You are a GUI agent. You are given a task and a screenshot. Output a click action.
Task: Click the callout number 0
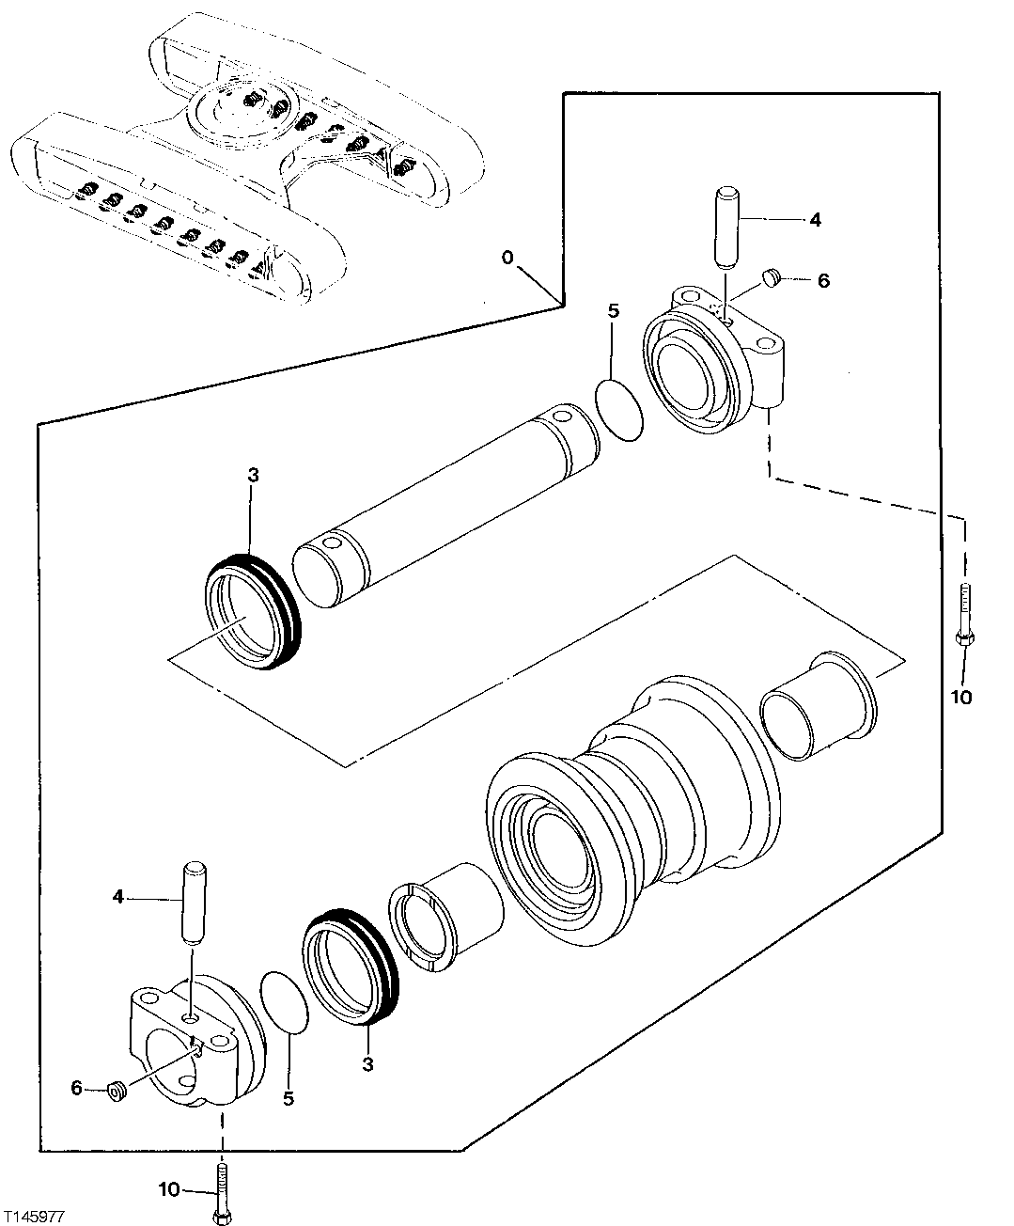507,257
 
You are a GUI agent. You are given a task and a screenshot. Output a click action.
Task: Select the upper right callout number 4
814,219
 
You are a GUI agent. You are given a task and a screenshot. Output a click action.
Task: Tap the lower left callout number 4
117,897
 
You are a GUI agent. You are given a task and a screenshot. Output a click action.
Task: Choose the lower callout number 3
367,1064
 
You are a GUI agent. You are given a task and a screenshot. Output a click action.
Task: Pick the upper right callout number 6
823,280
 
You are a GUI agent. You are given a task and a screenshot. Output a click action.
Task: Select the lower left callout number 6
77,1089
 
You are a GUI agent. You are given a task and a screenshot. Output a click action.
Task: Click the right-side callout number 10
962,697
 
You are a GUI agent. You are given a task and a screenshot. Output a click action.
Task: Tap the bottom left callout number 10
168,1189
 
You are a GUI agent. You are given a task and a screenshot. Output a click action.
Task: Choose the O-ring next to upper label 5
620,410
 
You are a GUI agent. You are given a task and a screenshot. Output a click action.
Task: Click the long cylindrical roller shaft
446,508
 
